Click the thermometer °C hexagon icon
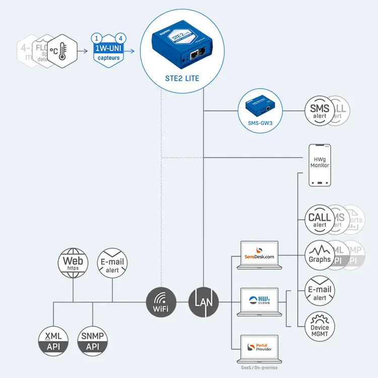[x=62, y=51]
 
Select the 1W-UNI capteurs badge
[x=108, y=50]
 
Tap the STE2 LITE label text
[x=182, y=78]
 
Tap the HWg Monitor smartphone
[x=320, y=165]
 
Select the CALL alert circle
[x=320, y=220]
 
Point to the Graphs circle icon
[x=320, y=255]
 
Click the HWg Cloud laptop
[x=259, y=301]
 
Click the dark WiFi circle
[x=161, y=303]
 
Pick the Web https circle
[x=73, y=263]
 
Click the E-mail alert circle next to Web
[x=112, y=264]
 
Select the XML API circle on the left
[x=53, y=341]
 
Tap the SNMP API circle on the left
[x=93, y=341]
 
